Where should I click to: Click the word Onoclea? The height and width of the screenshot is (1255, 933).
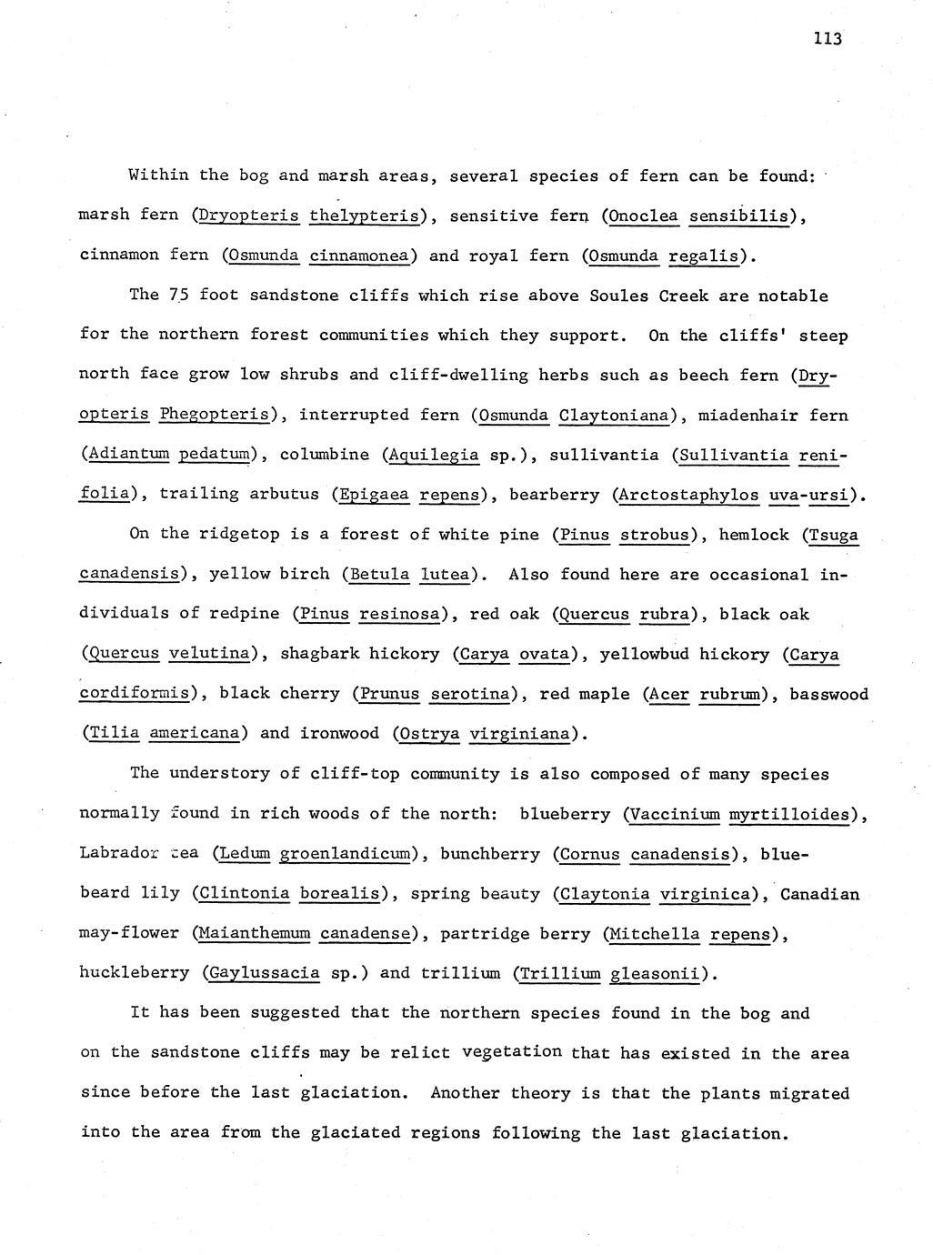pos(644,216)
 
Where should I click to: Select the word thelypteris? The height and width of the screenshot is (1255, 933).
pos(363,216)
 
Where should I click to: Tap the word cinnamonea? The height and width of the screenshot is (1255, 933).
pos(358,256)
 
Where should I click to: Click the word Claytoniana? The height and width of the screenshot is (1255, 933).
pos(614,416)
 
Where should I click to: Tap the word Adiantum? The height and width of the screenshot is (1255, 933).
pos(127,455)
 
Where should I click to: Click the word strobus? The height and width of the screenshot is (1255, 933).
pos(654,535)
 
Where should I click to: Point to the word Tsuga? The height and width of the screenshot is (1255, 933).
pos(834,535)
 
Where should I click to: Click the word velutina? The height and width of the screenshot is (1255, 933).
pos(209,654)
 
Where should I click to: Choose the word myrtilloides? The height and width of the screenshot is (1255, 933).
pos(789,814)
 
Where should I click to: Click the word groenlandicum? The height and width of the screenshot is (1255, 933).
pos(343,854)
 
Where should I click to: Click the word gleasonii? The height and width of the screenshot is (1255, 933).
pos(657,974)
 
